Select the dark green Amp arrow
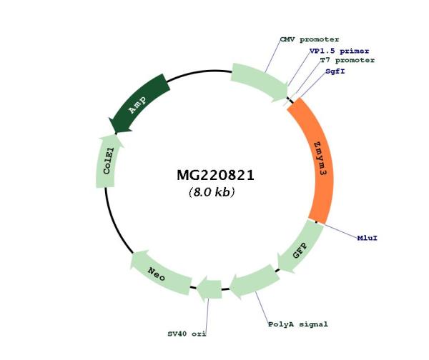tap(140, 104)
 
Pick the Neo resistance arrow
tap(159, 271)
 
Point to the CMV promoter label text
tap(309, 39)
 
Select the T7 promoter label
tap(347, 61)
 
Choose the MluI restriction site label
tap(367, 237)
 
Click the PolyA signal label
tap(298, 324)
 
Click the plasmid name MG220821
tap(215, 175)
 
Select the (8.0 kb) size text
tap(212, 192)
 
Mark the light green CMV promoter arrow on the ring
tap(256, 79)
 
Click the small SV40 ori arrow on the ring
tap(209, 289)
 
